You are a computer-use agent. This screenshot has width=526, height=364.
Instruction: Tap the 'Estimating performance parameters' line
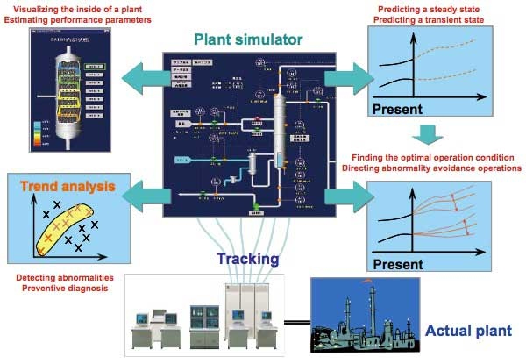tap(82, 19)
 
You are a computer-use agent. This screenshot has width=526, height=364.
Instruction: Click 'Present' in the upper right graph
tap(399, 110)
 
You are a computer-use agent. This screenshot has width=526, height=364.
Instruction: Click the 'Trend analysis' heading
tap(57, 185)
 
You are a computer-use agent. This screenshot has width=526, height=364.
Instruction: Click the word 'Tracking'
tap(250, 259)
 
